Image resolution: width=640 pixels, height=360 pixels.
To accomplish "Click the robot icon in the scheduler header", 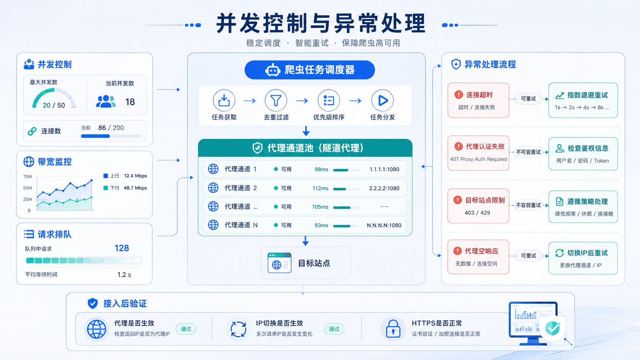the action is pos(273,70).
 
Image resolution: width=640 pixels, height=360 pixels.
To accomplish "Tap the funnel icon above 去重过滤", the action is pos(276,101).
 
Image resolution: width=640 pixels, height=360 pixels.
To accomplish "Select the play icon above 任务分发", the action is pos(382,101).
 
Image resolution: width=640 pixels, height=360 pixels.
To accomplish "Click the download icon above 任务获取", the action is pos(224,101).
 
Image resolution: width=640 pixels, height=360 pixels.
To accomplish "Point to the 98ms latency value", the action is pos(322,169).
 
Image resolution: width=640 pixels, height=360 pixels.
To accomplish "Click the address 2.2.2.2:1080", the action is pos(384,188).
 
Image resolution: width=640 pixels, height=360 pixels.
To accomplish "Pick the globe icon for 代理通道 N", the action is pos(213,225).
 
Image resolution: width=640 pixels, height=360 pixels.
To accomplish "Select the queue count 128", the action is pos(122,248).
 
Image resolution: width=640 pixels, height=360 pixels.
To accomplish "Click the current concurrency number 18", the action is pos(130,102).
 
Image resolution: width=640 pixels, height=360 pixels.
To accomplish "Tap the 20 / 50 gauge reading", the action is pos(54,105).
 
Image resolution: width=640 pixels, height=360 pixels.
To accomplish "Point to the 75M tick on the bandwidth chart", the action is pos(28,176).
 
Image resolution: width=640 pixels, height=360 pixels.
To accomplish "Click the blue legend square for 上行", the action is pos(105,176).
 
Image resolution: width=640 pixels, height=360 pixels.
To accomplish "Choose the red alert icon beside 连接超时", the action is pos(459,94).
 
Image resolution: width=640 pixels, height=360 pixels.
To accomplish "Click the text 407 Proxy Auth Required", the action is pos(478,159).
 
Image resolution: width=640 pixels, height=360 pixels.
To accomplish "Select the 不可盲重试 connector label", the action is pos(528,152).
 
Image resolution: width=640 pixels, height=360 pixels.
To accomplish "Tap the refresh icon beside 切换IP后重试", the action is pos(560,253).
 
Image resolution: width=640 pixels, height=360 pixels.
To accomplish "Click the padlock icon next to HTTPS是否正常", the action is pos(393,329).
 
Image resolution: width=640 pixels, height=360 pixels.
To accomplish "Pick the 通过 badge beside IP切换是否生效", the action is pos(334,329).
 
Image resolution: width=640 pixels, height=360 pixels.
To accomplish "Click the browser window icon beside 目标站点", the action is pos(279,263).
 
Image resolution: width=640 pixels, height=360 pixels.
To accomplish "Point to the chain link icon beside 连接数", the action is pos(32,131).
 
